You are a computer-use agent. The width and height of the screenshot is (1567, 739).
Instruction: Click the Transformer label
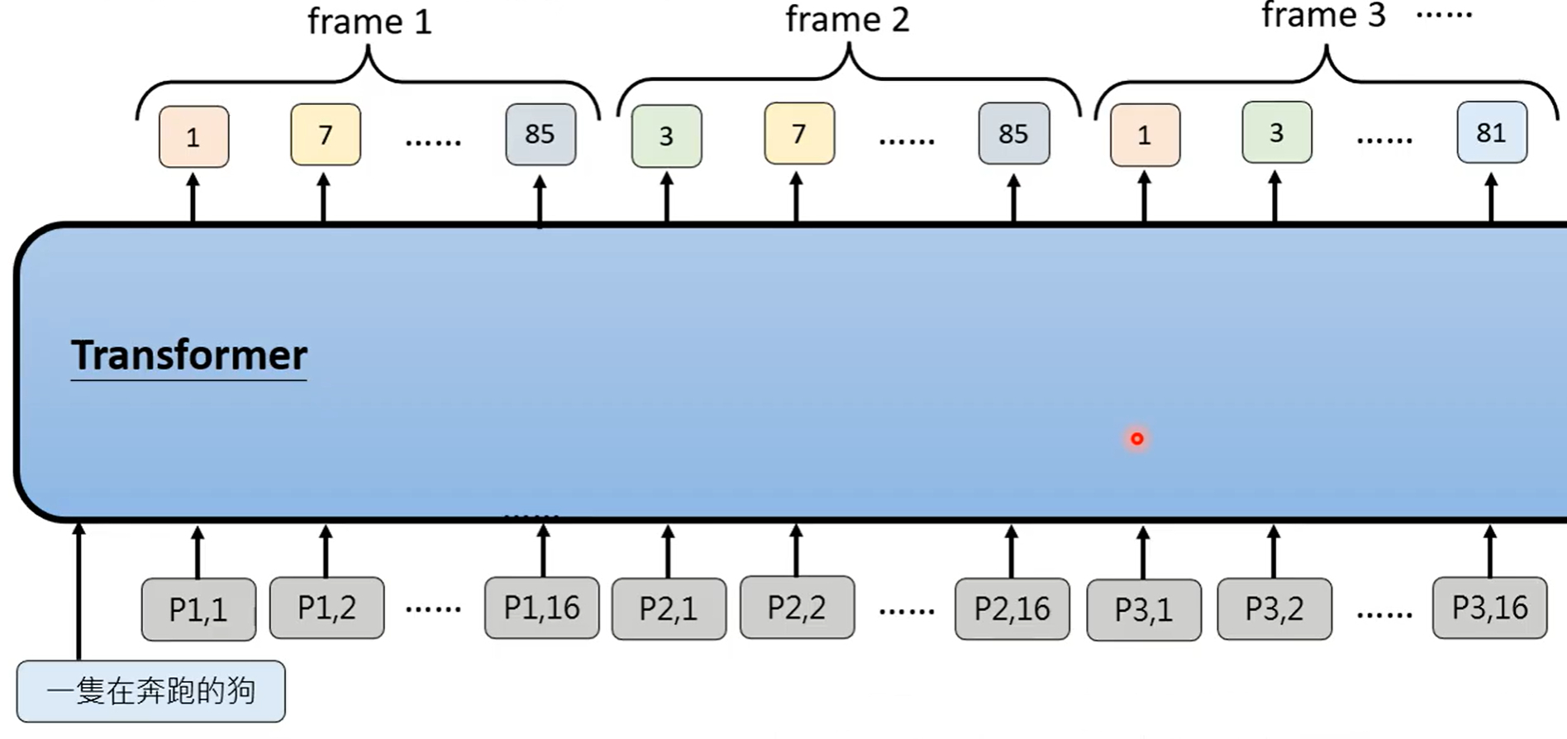[189, 355]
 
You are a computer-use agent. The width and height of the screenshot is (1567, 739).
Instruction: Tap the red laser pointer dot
[1137, 439]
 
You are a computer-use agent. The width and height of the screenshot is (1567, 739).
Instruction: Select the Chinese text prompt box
[150, 691]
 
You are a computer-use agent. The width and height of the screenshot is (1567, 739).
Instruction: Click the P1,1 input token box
[198, 609]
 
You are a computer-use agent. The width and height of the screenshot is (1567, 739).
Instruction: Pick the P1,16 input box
[541, 608]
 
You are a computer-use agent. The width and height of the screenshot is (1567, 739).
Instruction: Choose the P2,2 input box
[797, 608]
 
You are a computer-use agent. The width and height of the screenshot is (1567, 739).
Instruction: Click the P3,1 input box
[1143, 610]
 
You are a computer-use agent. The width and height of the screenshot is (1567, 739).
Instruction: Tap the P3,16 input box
[1489, 608]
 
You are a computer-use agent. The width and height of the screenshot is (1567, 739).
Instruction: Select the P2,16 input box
[1012, 609]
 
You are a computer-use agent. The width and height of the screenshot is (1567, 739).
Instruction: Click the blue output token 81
[1491, 132]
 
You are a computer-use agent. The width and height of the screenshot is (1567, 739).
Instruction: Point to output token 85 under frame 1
[541, 134]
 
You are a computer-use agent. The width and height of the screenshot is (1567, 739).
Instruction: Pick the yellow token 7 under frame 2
[799, 134]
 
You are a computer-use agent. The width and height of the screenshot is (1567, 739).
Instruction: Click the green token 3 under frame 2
[666, 136]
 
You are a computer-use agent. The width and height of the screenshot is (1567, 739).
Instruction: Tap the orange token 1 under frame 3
[1145, 135]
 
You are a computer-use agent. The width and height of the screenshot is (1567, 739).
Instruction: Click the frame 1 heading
[369, 22]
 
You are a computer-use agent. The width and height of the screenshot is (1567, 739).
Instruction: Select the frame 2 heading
[847, 20]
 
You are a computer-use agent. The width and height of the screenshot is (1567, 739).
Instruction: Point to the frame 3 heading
[1323, 16]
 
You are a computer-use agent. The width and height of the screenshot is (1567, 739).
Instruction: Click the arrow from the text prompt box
[79, 591]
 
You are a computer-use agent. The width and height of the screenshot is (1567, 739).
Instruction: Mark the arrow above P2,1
[668, 552]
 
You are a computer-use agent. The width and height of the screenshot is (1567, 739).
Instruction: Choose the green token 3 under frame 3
[1276, 132]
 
